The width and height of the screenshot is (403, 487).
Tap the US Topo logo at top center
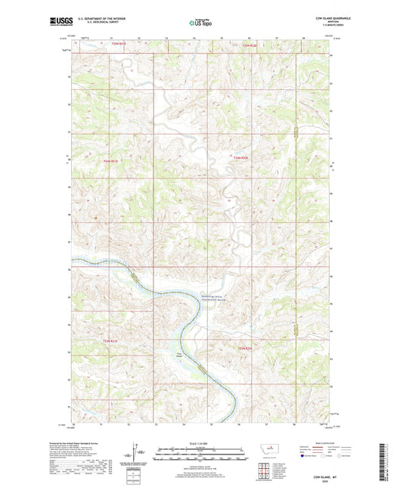(200, 23)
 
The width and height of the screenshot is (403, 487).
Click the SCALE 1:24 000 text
(200, 443)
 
